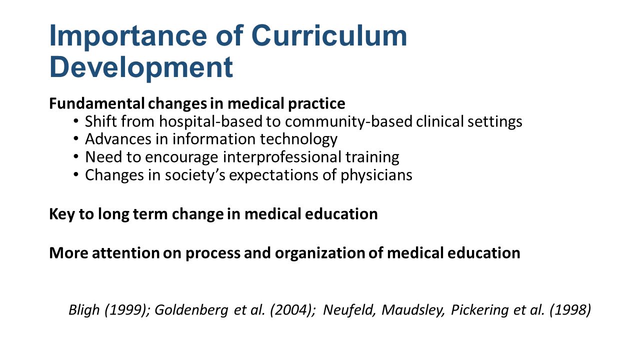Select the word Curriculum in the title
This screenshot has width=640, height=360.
(x=329, y=35)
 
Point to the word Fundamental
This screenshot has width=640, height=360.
(x=97, y=103)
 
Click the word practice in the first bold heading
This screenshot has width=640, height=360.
(x=316, y=104)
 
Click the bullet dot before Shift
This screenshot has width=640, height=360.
(x=75, y=121)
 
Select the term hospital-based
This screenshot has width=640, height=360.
(x=211, y=121)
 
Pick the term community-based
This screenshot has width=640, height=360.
(x=348, y=121)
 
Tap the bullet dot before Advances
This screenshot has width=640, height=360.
(x=75, y=139)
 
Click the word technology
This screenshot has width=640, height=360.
(x=298, y=139)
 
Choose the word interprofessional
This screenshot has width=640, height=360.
(x=282, y=157)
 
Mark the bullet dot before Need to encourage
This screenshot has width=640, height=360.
(x=75, y=156)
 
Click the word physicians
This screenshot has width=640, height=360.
(x=376, y=175)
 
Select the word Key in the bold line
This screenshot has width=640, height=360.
(x=62, y=214)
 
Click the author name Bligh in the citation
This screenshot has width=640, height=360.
(x=84, y=310)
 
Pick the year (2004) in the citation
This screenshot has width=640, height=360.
(x=292, y=310)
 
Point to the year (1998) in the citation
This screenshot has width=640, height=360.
(x=570, y=310)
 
